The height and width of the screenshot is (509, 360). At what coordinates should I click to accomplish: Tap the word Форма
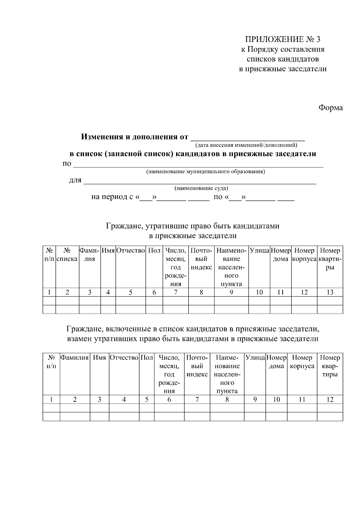[330, 108]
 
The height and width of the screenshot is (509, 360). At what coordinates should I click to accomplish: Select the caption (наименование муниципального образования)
[205, 172]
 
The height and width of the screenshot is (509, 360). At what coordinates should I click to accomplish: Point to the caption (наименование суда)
[201, 189]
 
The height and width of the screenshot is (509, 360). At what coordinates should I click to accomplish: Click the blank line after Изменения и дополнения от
[248, 138]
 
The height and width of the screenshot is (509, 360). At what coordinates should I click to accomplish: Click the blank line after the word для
[199, 181]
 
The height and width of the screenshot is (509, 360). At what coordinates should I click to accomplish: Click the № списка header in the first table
[67, 255]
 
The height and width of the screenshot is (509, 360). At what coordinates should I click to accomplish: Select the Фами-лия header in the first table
[89, 255]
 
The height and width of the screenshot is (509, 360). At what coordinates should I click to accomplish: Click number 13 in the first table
[330, 292]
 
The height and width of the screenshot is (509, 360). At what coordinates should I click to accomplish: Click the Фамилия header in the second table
[75, 358]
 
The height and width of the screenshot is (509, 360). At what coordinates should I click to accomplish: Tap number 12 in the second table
[330, 400]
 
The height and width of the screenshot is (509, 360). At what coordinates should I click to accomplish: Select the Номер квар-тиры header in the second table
[330, 366]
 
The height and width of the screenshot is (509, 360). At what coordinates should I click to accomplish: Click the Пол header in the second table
[147, 358]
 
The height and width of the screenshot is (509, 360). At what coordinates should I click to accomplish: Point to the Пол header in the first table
[154, 250]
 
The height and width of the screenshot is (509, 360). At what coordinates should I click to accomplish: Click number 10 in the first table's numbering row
[259, 292]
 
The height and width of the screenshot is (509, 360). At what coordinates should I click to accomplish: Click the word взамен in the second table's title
[79, 339]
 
